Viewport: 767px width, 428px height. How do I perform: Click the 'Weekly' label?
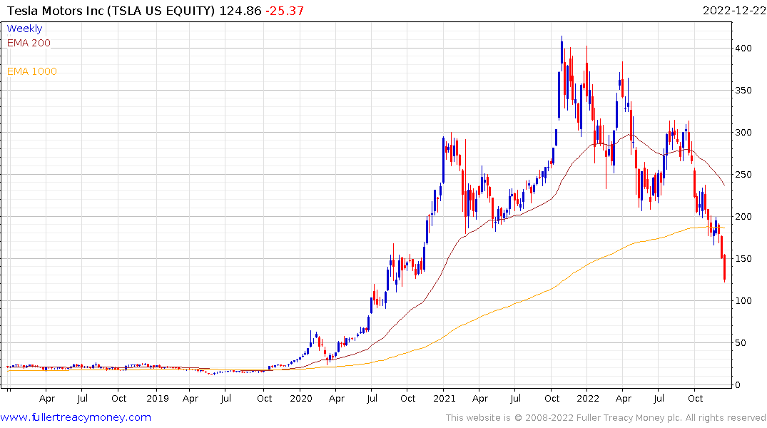point(24,29)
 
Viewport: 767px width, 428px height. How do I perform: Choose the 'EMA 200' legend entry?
point(29,43)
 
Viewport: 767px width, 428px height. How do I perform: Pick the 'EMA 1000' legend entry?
point(32,71)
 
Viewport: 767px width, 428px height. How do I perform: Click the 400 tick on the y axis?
point(744,49)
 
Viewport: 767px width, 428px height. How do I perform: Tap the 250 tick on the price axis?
point(744,175)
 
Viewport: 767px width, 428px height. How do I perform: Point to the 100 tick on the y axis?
point(744,301)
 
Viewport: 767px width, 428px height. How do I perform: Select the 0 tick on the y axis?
point(739,385)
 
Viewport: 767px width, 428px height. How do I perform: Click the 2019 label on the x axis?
point(157,398)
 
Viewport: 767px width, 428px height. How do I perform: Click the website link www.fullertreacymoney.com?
point(76,417)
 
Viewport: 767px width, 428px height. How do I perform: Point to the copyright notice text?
point(606,418)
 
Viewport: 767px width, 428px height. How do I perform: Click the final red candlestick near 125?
point(724,269)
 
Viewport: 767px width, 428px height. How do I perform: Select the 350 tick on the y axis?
point(744,91)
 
